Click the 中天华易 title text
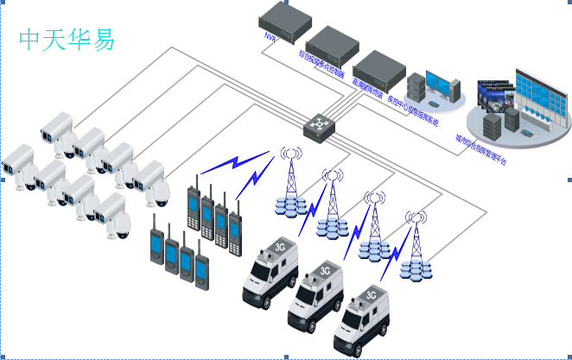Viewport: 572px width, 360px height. point(67,39)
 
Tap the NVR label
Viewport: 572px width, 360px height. point(270,38)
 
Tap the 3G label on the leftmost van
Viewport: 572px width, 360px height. point(278,245)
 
